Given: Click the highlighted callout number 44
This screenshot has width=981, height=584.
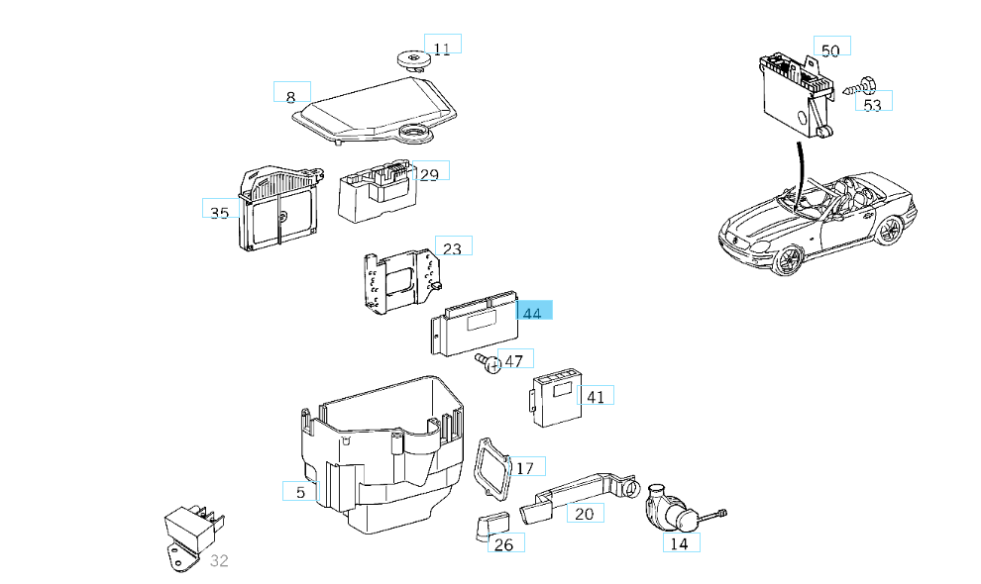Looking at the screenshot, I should [533, 312].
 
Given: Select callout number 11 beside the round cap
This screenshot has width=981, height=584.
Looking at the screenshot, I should [442, 48].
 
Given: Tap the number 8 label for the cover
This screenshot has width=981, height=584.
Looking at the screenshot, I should [291, 96].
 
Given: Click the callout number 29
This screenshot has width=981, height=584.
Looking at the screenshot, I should [429, 175].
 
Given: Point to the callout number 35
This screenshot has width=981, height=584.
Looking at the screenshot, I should [220, 213].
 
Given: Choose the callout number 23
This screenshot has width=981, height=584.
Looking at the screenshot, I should [453, 248].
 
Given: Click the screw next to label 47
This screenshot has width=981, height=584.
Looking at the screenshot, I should [488, 363].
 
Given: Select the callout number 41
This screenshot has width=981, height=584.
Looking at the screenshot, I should [596, 397].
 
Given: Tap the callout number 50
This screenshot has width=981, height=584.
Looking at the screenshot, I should [831, 49].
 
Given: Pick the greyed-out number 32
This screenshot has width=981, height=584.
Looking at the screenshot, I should [220, 561].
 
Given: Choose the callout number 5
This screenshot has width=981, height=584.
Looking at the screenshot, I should [300, 491].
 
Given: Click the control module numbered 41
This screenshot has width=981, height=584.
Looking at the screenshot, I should [556, 398].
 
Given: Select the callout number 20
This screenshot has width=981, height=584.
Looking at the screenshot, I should [585, 513].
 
